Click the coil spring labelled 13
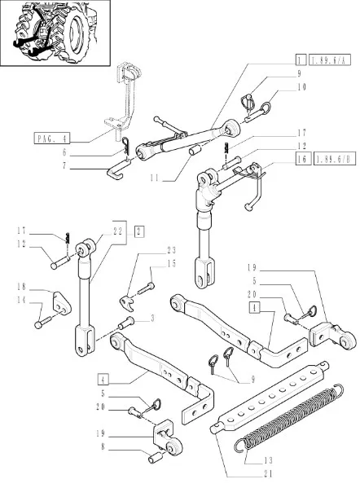(289, 417)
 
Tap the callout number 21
(268, 474)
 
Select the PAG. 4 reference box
(52, 138)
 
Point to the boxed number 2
(139, 231)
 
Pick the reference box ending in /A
(330, 59)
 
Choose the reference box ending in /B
(335, 159)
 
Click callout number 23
(171, 250)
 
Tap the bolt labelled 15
(146, 289)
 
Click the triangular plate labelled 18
(62, 303)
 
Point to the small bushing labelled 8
(155, 458)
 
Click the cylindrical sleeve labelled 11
(195, 151)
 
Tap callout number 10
(302, 87)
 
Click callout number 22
(118, 231)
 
